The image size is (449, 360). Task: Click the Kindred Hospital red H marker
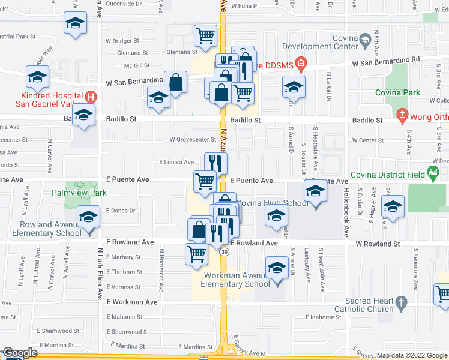(91, 96)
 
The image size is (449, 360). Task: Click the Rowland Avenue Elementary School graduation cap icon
(88, 216)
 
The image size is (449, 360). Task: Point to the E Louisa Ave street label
(176, 162)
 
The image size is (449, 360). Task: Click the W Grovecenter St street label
(193, 140)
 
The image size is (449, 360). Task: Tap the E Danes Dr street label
(122, 211)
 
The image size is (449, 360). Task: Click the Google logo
(19, 353)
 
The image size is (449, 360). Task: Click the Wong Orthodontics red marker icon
(402, 115)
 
